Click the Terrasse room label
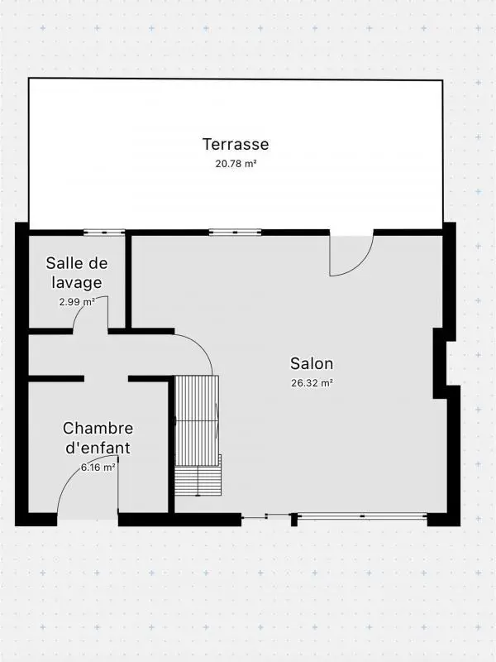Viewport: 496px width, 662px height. pos(236,144)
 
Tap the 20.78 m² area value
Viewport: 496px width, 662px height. pos(236,164)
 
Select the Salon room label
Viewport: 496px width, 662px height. pos(312,363)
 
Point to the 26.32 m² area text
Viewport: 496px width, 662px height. pos(312,383)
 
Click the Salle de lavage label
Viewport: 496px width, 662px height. pos(77,272)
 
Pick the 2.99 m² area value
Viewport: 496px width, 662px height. pos(77,302)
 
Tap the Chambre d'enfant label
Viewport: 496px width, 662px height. pos(98,438)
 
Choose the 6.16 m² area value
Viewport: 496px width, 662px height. pos(98,468)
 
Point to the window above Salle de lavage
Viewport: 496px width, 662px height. pos(104,232)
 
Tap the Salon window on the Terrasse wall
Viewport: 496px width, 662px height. pos(235,232)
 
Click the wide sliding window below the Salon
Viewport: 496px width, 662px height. pos(362,517)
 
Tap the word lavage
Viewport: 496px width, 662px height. pos(74,282)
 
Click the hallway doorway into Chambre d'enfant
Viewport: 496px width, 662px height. pos(106,379)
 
